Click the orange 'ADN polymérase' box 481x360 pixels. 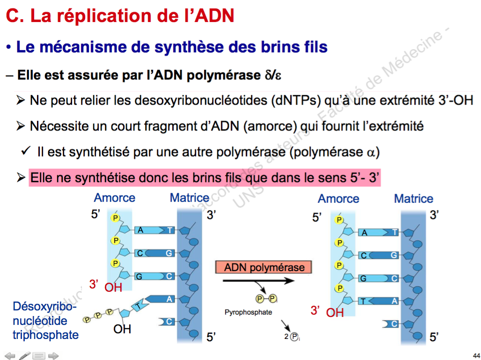click(x=264, y=267)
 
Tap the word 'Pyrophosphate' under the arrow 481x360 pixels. click(x=248, y=312)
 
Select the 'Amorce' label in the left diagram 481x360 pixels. click(x=114, y=198)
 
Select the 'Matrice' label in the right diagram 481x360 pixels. click(x=414, y=199)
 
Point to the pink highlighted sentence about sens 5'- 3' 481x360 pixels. click(x=204, y=178)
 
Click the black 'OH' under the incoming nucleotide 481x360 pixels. click(x=122, y=329)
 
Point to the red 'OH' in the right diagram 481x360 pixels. click(x=335, y=313)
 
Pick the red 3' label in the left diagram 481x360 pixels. click(x=94, y=284)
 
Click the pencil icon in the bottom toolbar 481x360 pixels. click(x=25, y=356)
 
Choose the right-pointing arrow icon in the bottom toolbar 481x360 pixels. click(x=53, y=356)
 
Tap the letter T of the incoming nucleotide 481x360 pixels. click(x=138, y=306)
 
